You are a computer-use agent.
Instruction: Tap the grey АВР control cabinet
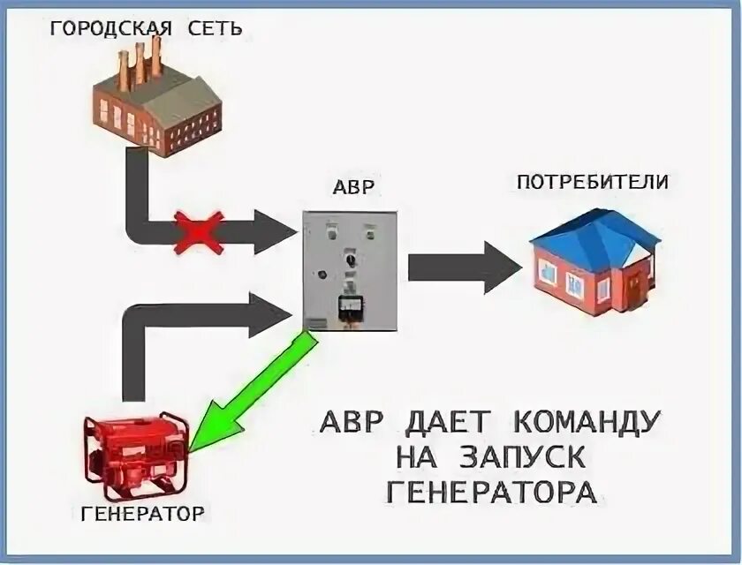(x=348, y=269)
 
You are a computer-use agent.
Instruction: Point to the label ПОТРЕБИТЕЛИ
(x=592, y=183)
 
